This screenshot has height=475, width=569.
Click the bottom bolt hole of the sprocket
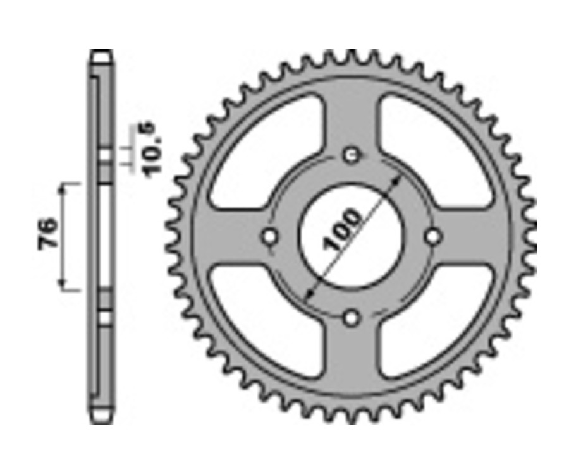[x=352, y=318]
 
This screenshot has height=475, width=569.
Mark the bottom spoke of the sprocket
[x=352, y=360]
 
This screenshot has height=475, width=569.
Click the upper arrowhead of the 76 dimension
[x=63, y=188]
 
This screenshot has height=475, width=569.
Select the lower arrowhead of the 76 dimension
[x=63, y=286]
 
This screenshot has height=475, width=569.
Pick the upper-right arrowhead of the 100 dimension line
[x=398, y=179]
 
